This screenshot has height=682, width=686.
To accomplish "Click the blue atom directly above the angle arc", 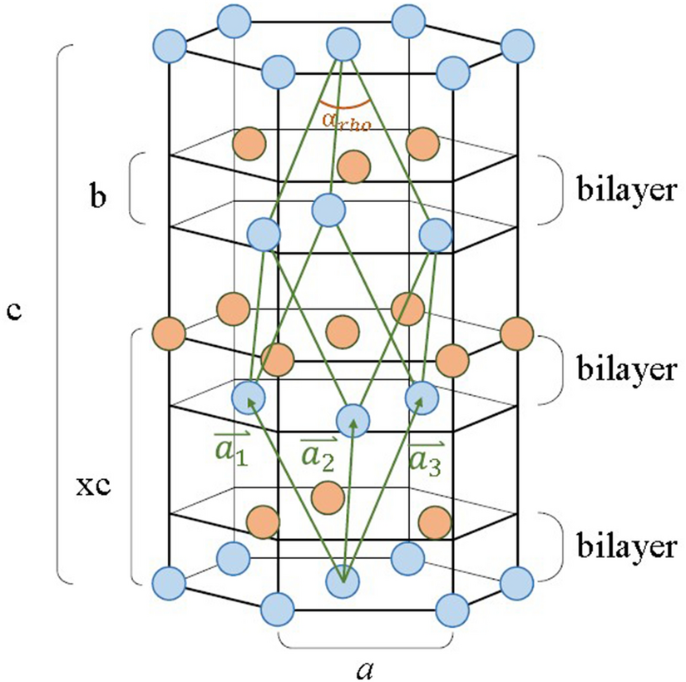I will coord(343,43).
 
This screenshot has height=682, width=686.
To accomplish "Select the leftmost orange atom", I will coord(169,333).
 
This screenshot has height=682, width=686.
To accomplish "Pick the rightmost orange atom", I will coord(516,333).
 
